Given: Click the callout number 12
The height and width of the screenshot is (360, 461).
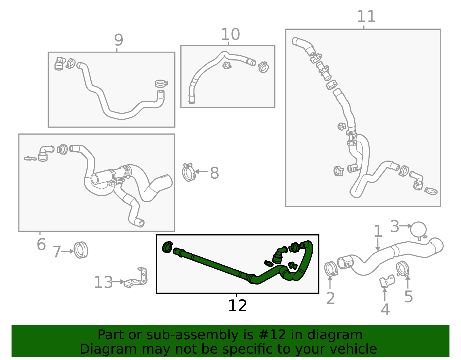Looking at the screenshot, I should [237, 306].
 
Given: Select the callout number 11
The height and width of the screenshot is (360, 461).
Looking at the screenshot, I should [366, 17].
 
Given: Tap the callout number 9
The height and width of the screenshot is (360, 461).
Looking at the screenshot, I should [118, 40].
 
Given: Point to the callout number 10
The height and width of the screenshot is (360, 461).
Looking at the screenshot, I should [230, 35].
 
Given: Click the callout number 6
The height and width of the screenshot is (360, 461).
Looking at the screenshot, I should [41, 245].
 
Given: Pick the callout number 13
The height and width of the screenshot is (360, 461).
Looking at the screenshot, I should [103, 282].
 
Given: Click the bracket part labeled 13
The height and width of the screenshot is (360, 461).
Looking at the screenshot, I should [137, 278].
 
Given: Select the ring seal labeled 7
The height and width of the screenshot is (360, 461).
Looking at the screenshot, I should [81, 250].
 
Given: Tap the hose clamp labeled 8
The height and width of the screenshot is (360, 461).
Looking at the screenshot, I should [189, 172].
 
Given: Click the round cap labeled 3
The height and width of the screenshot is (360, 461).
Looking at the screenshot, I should [418, 229].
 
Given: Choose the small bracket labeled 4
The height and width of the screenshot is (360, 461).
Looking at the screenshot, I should [387, 281].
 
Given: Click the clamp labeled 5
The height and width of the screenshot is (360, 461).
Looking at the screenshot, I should [403, 268].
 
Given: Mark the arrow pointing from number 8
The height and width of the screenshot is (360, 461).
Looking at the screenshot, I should [201, 171].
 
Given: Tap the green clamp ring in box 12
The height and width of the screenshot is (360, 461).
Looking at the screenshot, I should [167, 247].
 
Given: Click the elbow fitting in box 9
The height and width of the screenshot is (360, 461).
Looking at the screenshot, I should [59, 64].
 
